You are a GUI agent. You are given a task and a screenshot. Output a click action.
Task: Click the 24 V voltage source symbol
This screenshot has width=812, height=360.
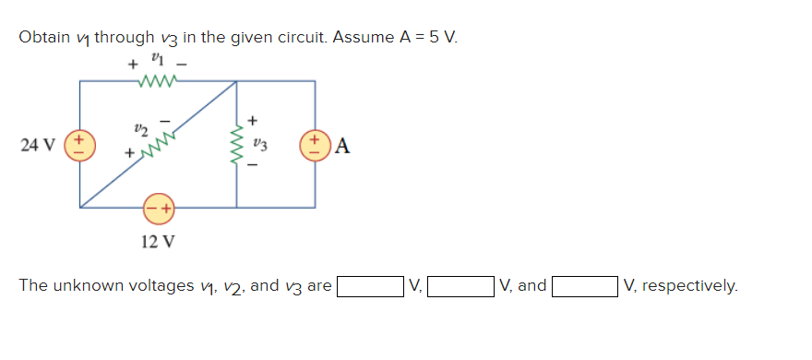[x=79, y=144]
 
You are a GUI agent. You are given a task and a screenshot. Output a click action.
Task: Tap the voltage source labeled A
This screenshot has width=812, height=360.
[x=315, y=144]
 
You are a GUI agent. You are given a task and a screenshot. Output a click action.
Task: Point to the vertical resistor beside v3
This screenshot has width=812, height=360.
[x=238, y=144]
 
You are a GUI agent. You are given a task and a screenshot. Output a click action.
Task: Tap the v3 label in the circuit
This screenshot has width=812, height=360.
[x=261, y=144]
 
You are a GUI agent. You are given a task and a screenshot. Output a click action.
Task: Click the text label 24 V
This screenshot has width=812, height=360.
[x=37, y=145]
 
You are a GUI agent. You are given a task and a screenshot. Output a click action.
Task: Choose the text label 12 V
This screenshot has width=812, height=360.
[x=157, y=243]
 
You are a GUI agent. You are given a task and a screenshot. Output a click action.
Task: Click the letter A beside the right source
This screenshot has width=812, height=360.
[x=342, y=145]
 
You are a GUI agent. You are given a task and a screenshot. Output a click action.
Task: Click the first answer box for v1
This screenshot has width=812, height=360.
[x=369, y=287]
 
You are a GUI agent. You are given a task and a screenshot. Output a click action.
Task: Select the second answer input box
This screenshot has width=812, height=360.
[x=460, y=287]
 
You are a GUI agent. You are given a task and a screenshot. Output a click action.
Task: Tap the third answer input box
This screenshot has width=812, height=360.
[x=584, y=287]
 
